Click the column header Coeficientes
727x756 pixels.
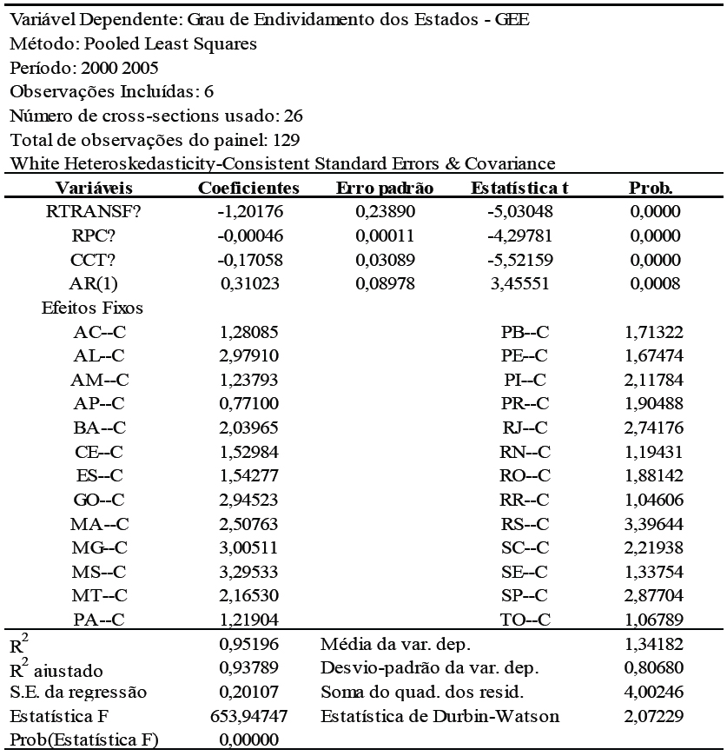tap(249, 188)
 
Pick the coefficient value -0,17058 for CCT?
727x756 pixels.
tap(248, 259)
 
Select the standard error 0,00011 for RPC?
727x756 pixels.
tap(381, 235)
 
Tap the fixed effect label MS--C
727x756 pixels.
tap(98, 572)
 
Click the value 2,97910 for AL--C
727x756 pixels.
tap(248, 355)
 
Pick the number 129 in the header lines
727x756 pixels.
tap(287, 138)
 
